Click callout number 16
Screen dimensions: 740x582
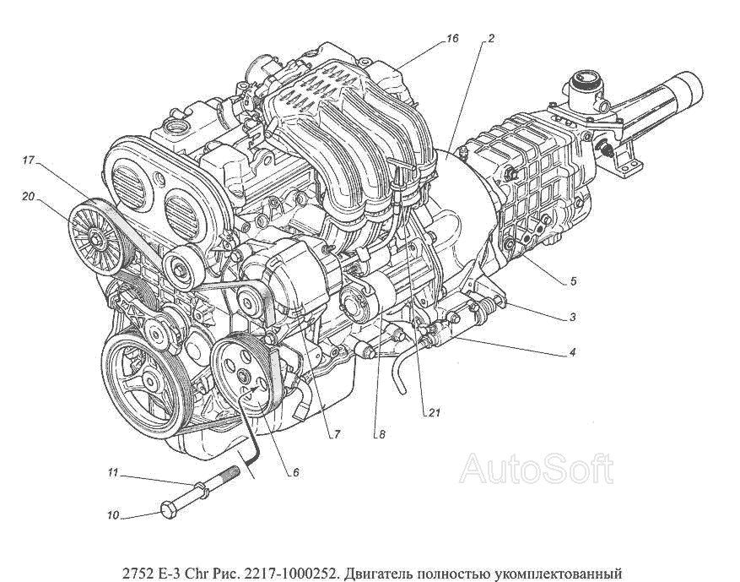pyautogui.click(x=451, y=39)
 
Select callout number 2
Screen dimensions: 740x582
pyautogui.click(x=491, y=39)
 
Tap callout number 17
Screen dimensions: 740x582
pyautogui.click(x=29, y=160)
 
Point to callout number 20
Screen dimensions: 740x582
pyautogui.click(x=29, y=196)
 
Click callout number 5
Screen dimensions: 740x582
pyautogui.click(x=573, y=281)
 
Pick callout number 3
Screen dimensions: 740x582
pyautogui.click(x=572, y=317)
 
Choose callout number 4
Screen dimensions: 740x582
pyautogui.click(x=572, y=352)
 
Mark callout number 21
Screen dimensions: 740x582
pyautogui.click(x=434, y=413)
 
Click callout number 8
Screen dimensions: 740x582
pyautogui.click(x=382, y=435)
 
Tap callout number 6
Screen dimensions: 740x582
pyautogui.click(x=296, y=472)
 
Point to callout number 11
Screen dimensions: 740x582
pyautogui.click(x=112, y=472)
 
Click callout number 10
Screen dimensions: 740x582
pyautogui.click(x=113, y=515)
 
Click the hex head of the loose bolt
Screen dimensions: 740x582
pyautogui.click(x=169, y=510)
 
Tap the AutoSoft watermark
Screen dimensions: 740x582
pyautogui.click(x=537, y=468)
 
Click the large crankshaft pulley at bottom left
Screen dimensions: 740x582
pyautogui.click(x=145, y=380)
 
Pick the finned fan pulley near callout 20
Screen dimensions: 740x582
pyautogui.click(x=98, y=237)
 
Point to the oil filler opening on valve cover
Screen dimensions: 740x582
pyautogui.click(x=176, y=128)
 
